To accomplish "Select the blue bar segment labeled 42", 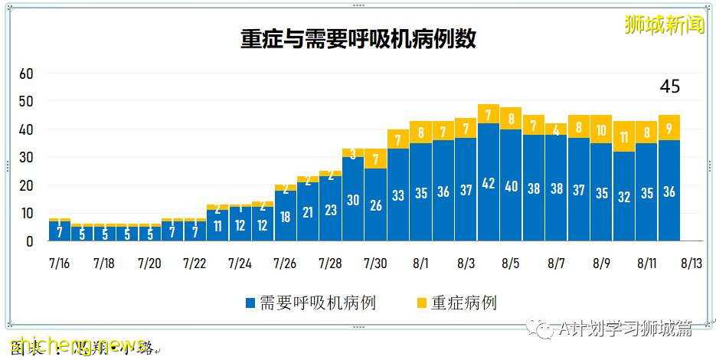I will pyautogui.click(x=488, y=182).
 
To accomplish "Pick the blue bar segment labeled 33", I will pyautogui.click(x=398, y=195).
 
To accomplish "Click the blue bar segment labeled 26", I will pyautogui.click(x=375, y=205).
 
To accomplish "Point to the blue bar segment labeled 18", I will pyautogui.click(x=286, y=216).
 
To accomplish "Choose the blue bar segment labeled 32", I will pyautogui.click(x=623, y=196).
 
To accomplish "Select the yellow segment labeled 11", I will pyautogui.click(x=623, y=137).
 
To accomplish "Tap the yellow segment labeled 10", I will pyautogui.click(x=601, y=130).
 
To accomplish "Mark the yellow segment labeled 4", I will pyautogui.click(x=556, y=129).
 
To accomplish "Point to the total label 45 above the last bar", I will pyautogui.click(x=670, y=87).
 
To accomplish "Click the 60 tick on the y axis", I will pyautogui.click(x=27, y=74).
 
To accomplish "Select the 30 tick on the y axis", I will pyautogui.click(x=27, y=157).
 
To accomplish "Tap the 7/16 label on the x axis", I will pyautogui.click(x=58, y=263).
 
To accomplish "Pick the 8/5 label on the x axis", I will pyautogui.click(x=510, y=263).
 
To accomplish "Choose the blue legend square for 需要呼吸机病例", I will pyautogui.click(x=250, y=303).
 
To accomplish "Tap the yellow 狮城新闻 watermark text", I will pyautogui.click(x=664, y=25).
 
